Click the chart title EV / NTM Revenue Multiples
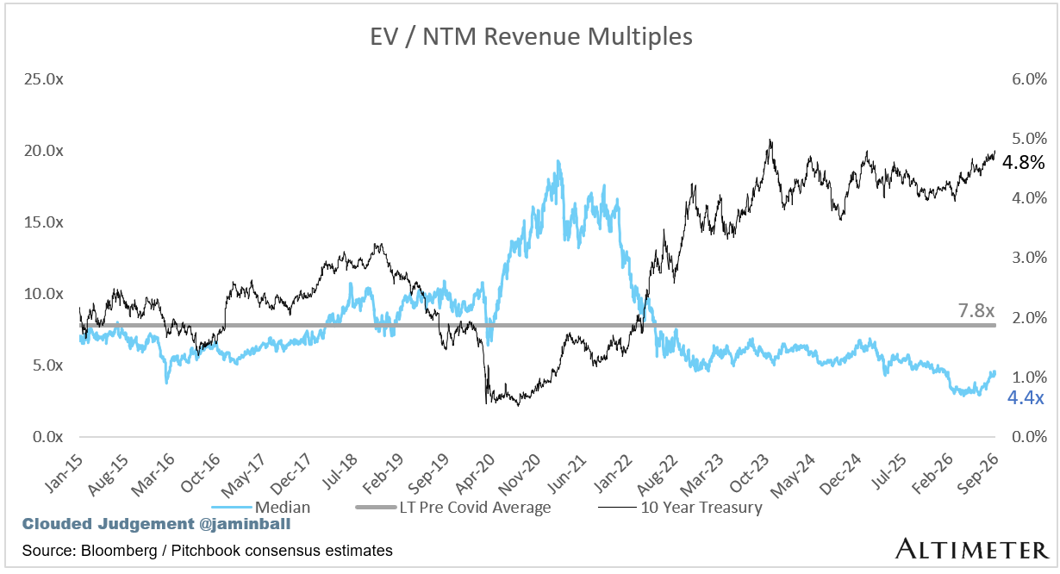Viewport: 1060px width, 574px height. (x=531, y=36)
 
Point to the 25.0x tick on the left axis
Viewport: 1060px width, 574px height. (x=44, y=79)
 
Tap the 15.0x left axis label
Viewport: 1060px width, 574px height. (x=44, y=222)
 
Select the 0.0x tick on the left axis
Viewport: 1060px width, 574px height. (x=47, y=437)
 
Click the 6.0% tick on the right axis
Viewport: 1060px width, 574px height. (x=1029, y=79)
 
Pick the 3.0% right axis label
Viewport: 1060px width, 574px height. (x=1029, y=258)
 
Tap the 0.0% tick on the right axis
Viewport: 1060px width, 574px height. (x=1029, y=437)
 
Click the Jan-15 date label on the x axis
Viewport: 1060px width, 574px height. (x=63, y=474)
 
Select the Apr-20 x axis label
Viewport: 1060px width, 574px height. (x=475, y=474)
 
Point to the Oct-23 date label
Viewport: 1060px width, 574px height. (x=749, y=474)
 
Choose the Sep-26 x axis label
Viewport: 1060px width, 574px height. (x=977, y=474)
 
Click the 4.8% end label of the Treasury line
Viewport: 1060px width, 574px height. (x=1024, y=163)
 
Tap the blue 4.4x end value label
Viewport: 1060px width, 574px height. (x=1026, y=398)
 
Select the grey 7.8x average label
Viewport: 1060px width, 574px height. (x=976, y=311)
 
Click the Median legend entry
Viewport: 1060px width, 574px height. (x=261, y=508)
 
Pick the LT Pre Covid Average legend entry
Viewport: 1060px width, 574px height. (x=452, y=508)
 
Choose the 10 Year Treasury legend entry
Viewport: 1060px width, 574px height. (x=681, y=508)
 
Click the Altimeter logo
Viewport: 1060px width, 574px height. (x=971, y=549)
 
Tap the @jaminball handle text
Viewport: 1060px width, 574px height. (x=245, y=524)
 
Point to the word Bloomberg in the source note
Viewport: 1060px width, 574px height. (x=119, y=551)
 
